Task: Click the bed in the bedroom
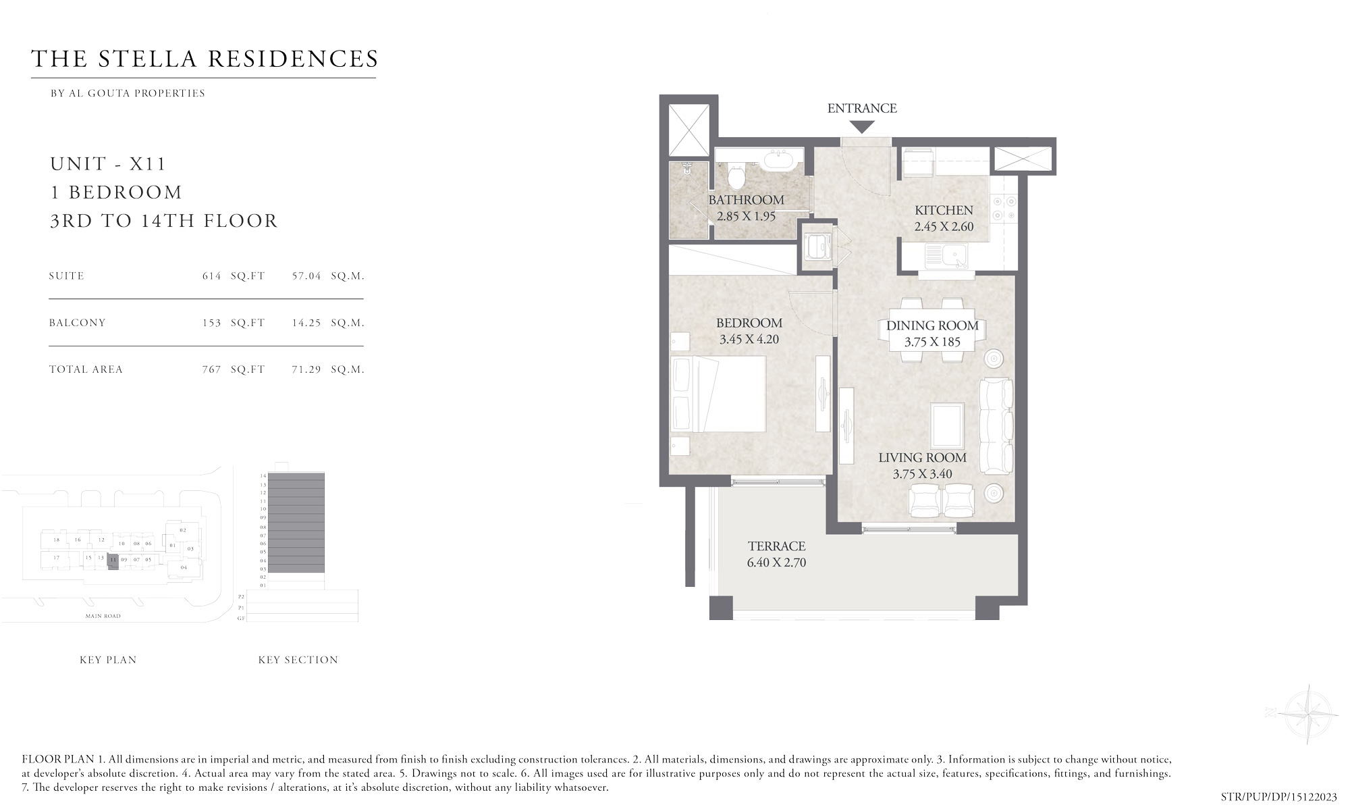click(x=719, y=394)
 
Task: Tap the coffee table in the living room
click(x=947, y=425)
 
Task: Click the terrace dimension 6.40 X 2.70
click(x=776, y=563)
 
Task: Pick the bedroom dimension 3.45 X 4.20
click(x=749, y=340)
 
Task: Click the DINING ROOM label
click(x=932, y=326)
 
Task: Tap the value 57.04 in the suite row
click(x=306, y=276)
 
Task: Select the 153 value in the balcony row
click(x=211, y=323)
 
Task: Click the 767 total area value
click(x=211, y=369)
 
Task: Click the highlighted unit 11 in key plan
click(x=113, y=561)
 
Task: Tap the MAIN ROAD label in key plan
click(x=103, y=616)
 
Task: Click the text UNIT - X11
click(x=108, y=164)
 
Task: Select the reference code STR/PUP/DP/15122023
click(x=1278, y=797)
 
